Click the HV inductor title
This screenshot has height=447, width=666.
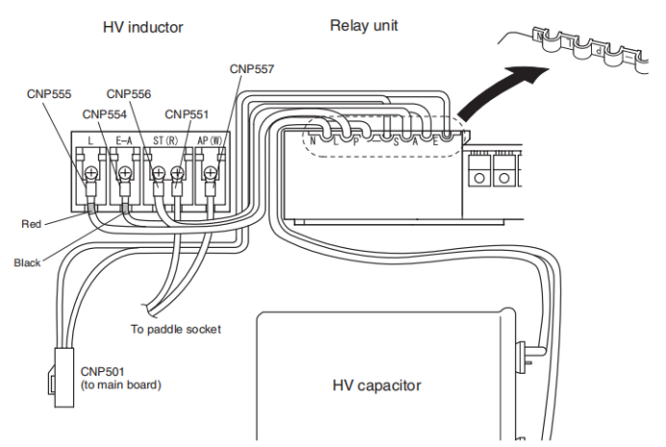click(x=142, y=27)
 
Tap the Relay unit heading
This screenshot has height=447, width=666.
click(x=364, y=25)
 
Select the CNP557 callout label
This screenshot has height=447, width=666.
click(x=252, y=68)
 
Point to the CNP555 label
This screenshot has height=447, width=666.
click(x=49, y=94)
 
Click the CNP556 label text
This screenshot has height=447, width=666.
click(x=129, y=94)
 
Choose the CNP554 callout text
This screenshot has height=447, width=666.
click(x=105, y=114)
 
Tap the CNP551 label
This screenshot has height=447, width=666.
click(x=187, y=114)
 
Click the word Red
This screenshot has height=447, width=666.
click(x=32, y=223)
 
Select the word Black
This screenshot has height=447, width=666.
click(x=27, y=262)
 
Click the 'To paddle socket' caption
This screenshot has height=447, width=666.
click(x=176, y=329)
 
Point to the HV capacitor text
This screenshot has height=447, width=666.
click(x=376, y=385)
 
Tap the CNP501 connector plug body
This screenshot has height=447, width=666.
click(x=64, y=378)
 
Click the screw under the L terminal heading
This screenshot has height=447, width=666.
click(x=90, y=173)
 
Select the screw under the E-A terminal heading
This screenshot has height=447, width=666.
click(x=125, y=173)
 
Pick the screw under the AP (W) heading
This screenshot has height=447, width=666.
click(x=210, y=173)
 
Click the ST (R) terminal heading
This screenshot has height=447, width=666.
click(x=166, y=140)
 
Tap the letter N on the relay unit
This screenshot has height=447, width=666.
click(x=313, y=140)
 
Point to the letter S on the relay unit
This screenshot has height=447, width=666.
click(x=396, y=142)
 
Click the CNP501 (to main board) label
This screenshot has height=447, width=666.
click(x=121, y=379)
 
